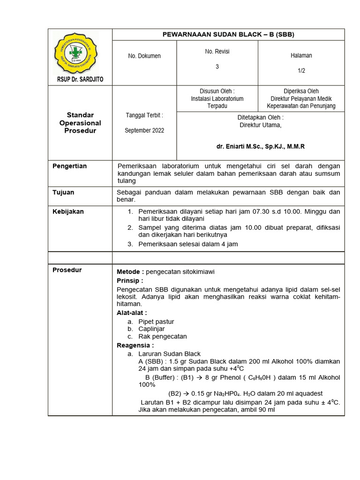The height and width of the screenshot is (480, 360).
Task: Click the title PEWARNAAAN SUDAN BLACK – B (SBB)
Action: (228, 34)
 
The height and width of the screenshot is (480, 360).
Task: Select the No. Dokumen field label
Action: (144, 56)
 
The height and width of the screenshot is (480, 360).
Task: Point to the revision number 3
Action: (217, 67)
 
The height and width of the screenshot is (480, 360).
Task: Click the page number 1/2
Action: (301, 70)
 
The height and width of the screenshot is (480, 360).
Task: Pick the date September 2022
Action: (144, 130)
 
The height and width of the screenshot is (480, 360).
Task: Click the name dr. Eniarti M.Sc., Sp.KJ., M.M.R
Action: (260, 146)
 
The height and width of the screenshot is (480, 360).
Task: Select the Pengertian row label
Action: (69, 166)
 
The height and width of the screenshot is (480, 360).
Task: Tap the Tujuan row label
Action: (63, 192)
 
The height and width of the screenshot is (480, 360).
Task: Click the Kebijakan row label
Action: (68, 211)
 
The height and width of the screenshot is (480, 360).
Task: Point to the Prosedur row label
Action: (67, 270)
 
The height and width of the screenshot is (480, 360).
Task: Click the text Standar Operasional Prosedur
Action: (80, 123)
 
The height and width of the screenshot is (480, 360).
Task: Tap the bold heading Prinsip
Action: (129, 280)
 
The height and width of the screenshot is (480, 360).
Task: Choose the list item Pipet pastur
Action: (156, 322)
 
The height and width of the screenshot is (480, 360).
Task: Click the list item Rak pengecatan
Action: (163, 337)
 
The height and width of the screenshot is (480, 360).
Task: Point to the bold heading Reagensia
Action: (135, 345)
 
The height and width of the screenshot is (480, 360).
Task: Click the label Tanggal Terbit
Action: (144, 115)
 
